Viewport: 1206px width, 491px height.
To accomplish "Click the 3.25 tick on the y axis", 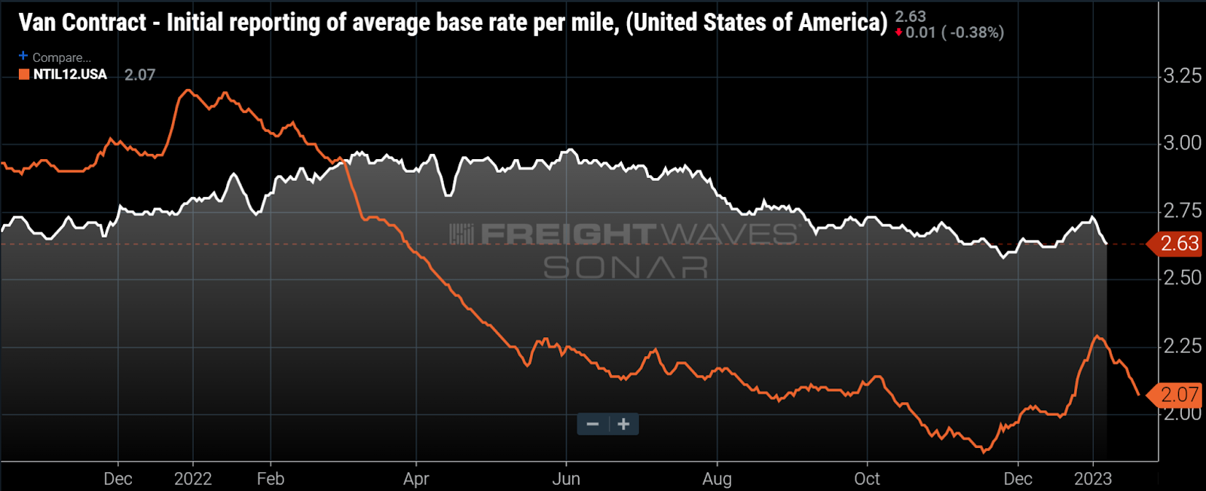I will tap(1182, 75).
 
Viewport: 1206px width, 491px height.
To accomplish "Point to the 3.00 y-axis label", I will tap(1182, 143).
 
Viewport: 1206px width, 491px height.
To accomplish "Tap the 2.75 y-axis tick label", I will tap(1182, 210).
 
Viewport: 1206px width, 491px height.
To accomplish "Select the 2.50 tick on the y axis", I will tap(1182, 278).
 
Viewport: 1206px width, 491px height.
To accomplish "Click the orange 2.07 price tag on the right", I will tap(1178, 394).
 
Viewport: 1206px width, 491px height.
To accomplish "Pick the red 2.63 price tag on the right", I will tap(1178, 244).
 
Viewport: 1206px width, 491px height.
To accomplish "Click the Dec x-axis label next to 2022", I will tap(118, 479).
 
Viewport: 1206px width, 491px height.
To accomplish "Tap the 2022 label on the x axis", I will tap(193, 479).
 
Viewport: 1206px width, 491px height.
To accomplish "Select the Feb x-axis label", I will tap(271, 479).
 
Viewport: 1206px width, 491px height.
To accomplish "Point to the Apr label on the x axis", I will tap(416, 479).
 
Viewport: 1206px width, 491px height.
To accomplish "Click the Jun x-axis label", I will tap(566, 479).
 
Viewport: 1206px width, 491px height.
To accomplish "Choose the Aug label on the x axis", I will tap(717, 479).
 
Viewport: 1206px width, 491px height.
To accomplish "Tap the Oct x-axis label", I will tap(867, 479).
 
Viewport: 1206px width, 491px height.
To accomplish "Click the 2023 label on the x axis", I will tap(1093, 479).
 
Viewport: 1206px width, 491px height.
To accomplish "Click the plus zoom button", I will tap(623, 424).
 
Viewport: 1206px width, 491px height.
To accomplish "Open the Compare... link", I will tap(61, 57).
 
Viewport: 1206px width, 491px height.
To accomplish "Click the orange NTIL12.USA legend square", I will tap(24, 75).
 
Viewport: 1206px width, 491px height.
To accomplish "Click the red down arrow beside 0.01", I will tap(898, 32).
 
